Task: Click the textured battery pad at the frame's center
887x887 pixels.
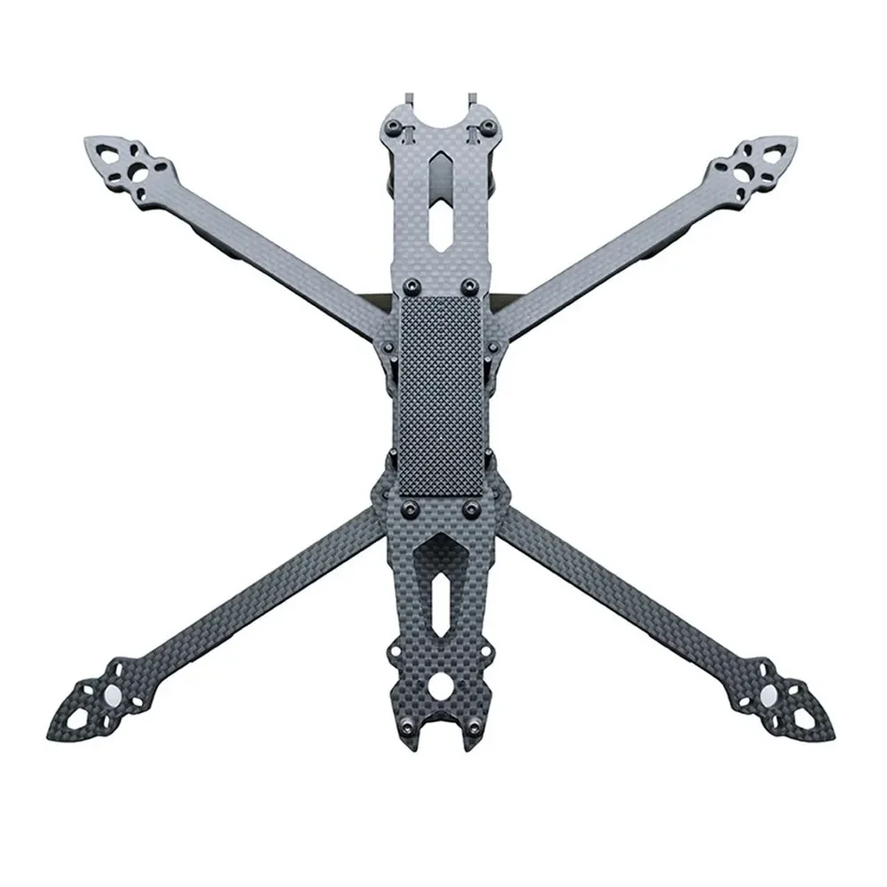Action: pos(441,395)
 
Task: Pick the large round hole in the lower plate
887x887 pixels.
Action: pos(442,686)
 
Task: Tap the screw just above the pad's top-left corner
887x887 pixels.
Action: pos(411,286)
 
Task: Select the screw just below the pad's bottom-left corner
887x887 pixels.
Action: pos(411,507)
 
